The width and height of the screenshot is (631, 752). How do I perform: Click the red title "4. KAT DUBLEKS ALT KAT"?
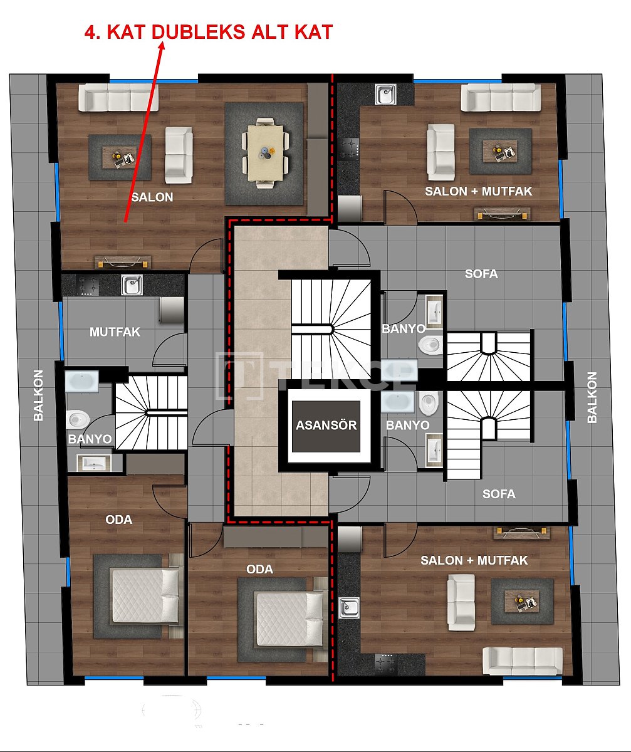[x=208, y=33]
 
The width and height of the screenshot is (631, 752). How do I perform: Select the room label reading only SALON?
[x=152, y=197]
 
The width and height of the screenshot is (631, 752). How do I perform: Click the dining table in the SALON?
[x=265, y=152]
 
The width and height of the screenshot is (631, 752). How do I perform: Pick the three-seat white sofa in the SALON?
[x=118, y=98]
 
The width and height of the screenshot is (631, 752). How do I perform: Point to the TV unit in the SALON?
[x=123, y=261]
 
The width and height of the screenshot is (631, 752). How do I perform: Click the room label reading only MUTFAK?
[x=115, y=332]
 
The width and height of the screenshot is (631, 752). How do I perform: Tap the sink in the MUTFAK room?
[x=132, y=285]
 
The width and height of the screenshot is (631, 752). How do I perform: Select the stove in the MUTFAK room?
[x=88, y=286]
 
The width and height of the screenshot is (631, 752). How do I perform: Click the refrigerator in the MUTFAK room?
[x=171, y=310]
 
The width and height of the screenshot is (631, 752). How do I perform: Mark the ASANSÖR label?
[x=326, y=426]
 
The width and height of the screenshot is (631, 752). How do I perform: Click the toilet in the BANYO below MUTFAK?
[x=78, y=419]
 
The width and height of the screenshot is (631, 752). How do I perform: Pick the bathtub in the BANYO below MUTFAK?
[x=81, y=381]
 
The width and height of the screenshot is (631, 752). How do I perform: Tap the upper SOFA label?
[x=481, y=274]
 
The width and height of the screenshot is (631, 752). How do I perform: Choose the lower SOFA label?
[x=499, y=494]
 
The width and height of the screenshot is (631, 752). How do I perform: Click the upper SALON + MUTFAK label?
[x=478, y=191]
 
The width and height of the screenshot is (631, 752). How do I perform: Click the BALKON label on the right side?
[x=592, y=398]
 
